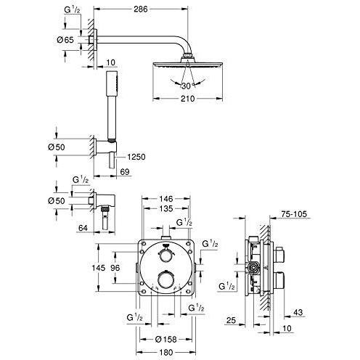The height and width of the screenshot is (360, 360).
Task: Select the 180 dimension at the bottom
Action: [x=165, y=352]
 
